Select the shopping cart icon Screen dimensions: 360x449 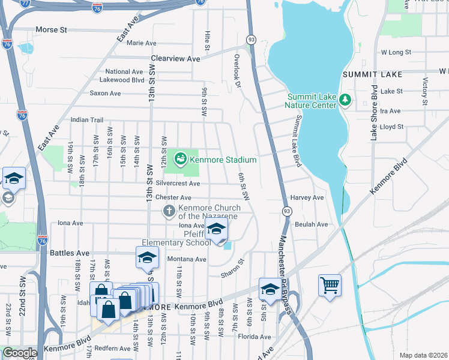click(330, 286)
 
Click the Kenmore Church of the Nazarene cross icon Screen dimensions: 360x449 click(170, 211)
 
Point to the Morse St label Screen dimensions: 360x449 click(52, 29)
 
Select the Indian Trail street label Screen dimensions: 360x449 click(87, 120)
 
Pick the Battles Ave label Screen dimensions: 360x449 click(69, 253)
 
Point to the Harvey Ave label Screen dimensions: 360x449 click(307, 197)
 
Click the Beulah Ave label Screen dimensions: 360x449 click(311, 224)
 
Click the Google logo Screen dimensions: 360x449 click(19, 353)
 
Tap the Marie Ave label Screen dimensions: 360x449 click(141, 43)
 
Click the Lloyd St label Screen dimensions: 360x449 click(391, 127)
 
